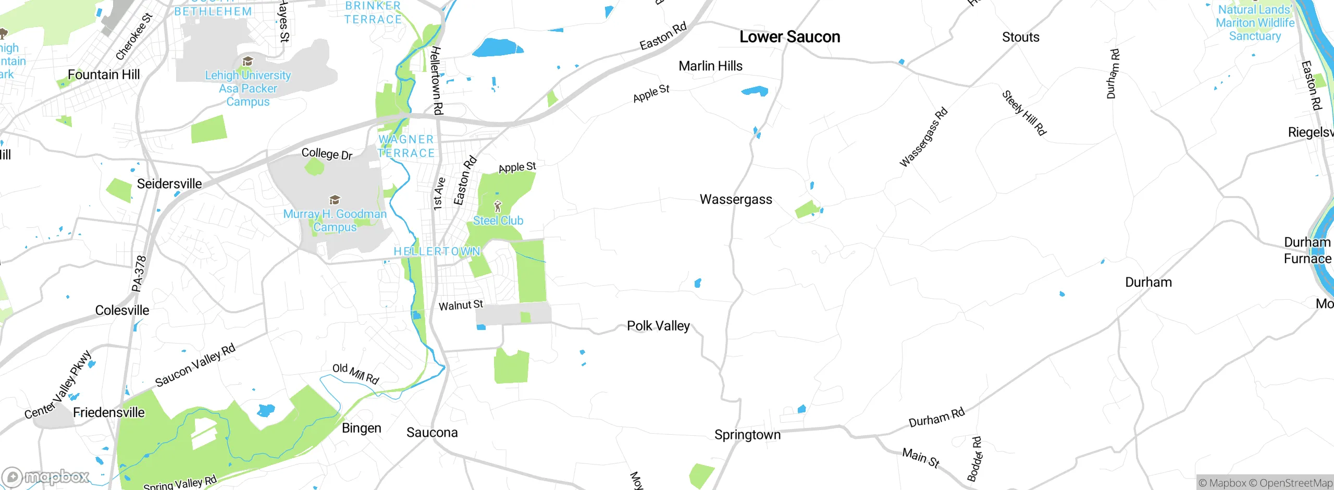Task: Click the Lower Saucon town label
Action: point(789,37)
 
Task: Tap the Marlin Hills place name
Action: point(710,66)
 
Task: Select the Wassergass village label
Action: point(736,200)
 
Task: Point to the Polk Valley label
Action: point(658,326)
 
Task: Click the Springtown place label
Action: point(747,435)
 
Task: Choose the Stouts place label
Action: point(1020,38)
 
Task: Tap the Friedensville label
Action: point(108,413)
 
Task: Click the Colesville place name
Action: point(122,311)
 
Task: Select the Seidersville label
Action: point(169,184)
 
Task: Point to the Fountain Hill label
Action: point(104,75)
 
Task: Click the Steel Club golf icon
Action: point(498,206)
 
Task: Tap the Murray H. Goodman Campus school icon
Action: point(335,200)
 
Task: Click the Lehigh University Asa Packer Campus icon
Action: point(248,62)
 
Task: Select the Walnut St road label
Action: point(461,305)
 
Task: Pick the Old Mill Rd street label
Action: point(355,373)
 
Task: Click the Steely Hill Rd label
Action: point(1024,113)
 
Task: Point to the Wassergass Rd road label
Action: point(923,137)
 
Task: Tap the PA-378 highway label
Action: point(139,273)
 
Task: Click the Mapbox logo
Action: point(46,476)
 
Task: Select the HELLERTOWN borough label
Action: point(437,252)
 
